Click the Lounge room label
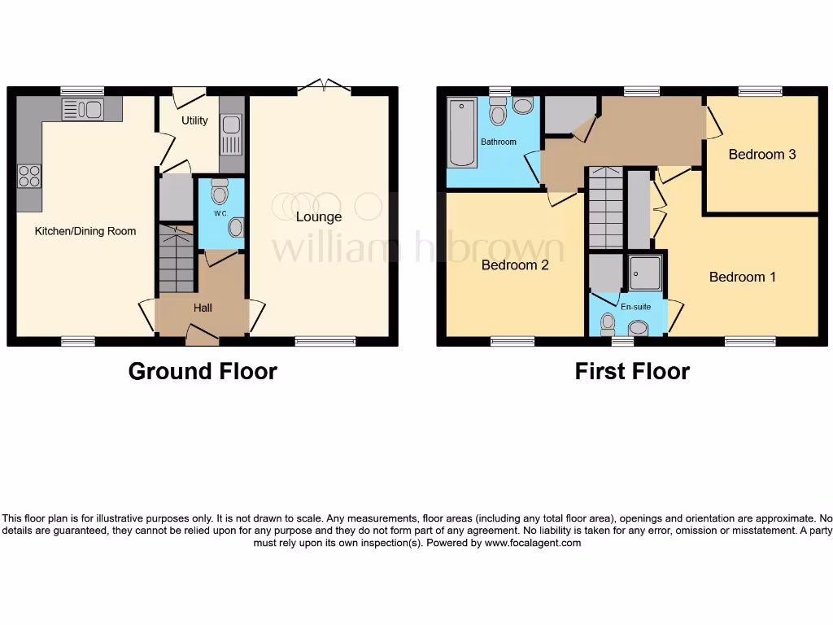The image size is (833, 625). pos(318,216)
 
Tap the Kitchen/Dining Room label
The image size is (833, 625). pos(85,231)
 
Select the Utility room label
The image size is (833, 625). pos(194,120)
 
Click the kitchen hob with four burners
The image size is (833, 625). pos(29,177)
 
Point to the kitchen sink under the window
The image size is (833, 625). pos(82,109)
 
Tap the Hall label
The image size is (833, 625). pos(203,308)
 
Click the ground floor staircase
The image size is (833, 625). pos(176,259)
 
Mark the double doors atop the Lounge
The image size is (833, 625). pos(324,85)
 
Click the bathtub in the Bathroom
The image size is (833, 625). pos(462,133)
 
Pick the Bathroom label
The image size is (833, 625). pos(498,142)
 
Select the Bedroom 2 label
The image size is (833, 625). pos(515,264)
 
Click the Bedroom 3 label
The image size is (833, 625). pos(761,154)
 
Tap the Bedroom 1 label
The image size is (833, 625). pos(742,277)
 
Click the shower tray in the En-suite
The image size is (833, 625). pos(645,272)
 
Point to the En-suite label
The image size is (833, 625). pos(635,308)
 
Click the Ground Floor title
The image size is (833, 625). pos(203,371)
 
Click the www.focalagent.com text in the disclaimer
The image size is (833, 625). pos(533,543)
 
